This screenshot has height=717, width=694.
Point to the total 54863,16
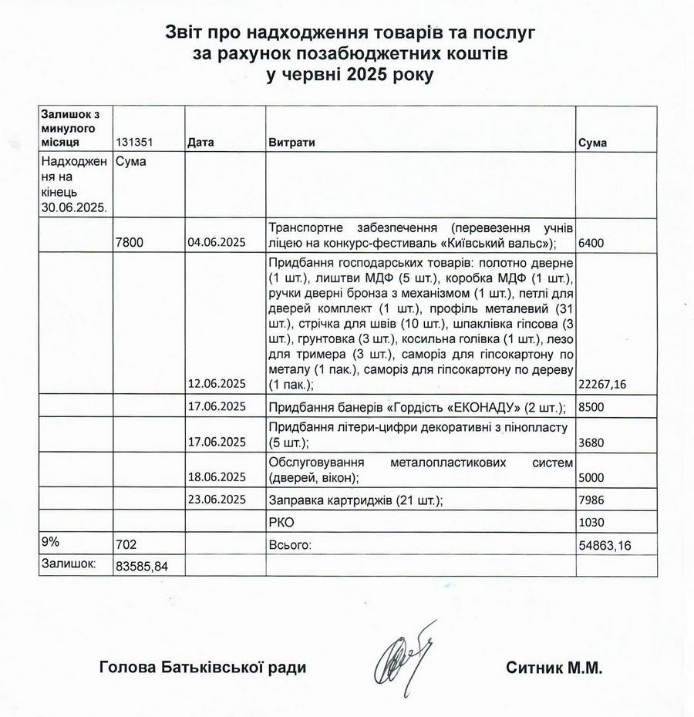(605, 545)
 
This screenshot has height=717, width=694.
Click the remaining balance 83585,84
(141, 566)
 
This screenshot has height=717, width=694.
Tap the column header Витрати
(291, 143)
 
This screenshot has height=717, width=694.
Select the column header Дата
(200, 143)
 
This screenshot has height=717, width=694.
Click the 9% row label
(50, 542)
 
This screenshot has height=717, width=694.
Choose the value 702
(125, 545)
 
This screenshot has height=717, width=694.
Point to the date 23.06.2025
(216, 500)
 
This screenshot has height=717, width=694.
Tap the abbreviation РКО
(282, 522)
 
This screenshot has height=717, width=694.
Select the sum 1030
(591, 522)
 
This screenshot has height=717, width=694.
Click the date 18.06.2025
(216, 477)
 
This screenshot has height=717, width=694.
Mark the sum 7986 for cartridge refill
(591, 500)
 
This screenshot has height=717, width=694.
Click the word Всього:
(289, 545)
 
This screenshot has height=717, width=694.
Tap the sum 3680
(591, 443)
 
